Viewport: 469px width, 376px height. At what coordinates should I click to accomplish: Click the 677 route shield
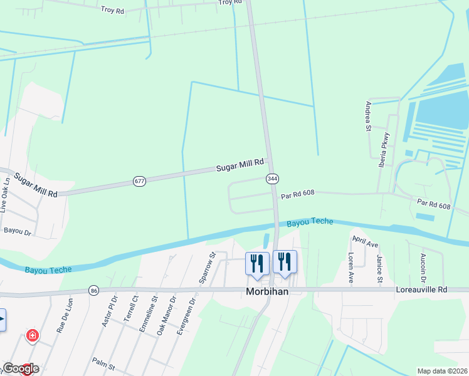click(139, 181)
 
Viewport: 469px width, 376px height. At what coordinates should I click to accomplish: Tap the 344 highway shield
click(271, 179)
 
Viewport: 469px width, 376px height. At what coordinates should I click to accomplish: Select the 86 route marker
click(93, 291)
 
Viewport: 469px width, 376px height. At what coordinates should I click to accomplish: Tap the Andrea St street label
click(369, 117)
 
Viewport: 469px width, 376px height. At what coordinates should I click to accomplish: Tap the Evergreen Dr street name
click(182, 320)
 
